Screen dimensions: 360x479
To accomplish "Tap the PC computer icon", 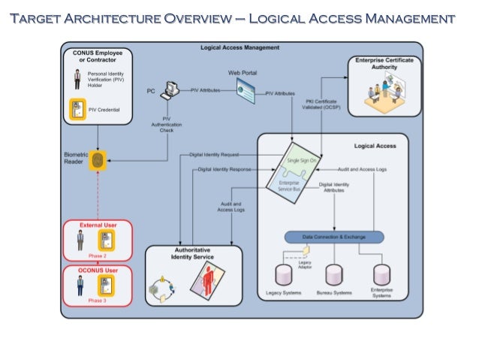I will pyautogui.click(x=169, y=89).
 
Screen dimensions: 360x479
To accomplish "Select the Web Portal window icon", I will pyautogui.click(x=249, y=91).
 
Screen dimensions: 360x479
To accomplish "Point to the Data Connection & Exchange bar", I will pyautogui.click(x=333, y=237).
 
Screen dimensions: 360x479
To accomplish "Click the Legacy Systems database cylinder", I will pyautogui.click(x=285, y=274).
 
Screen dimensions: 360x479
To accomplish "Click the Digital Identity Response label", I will pyautogui.click(x=224, y=170).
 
